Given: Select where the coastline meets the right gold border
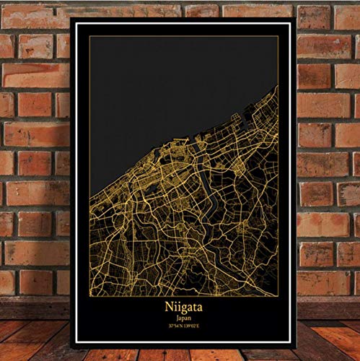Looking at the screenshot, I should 278,87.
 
